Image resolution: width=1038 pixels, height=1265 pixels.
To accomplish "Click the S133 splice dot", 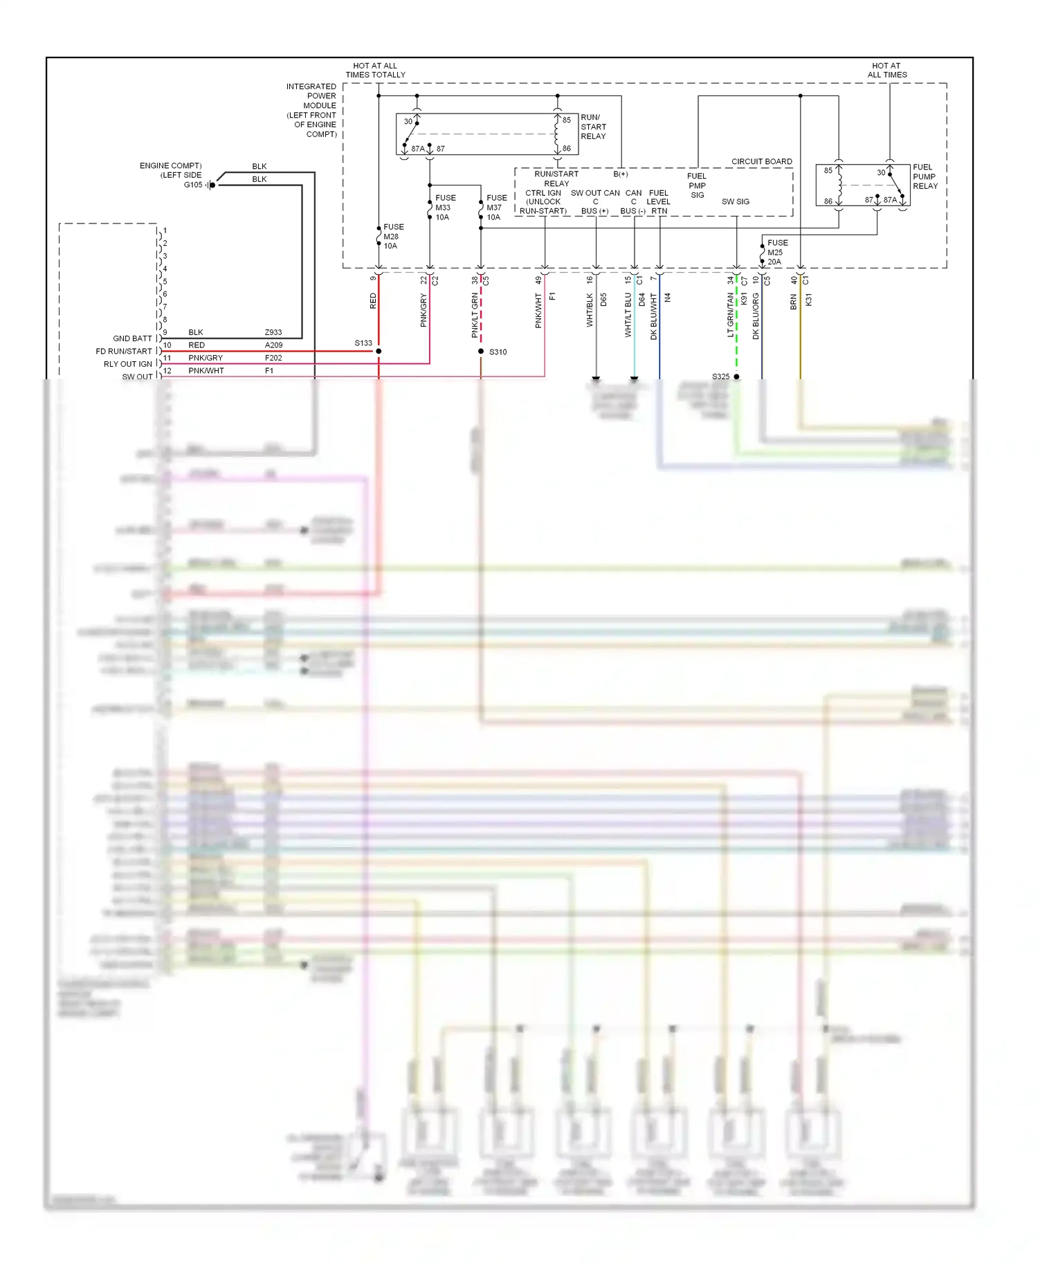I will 379,352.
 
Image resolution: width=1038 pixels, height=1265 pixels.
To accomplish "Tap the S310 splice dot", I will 481,352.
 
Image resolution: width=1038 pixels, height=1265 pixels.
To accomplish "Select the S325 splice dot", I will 736,376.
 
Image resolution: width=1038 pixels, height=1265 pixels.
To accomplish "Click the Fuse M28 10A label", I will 392,236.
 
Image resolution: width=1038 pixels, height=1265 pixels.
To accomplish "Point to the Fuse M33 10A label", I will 444,207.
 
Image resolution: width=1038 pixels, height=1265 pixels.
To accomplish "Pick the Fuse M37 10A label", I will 495,207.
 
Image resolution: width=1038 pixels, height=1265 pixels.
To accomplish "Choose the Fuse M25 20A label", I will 776,252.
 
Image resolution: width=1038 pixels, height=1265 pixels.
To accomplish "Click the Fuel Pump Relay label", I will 925,176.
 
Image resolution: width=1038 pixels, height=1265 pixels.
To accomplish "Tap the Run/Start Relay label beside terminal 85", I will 593,127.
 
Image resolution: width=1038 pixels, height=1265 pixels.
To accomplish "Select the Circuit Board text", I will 761,161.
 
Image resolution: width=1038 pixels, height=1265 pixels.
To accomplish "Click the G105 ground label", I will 193,185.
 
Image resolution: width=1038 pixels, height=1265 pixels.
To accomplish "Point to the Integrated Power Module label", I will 311,110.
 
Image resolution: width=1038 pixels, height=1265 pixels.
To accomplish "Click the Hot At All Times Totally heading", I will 375,70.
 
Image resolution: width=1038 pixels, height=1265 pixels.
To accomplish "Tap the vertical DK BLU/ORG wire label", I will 756,316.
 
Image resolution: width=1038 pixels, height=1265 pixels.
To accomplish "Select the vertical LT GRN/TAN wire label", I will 730,314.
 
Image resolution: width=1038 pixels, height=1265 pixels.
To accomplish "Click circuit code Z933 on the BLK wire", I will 273,332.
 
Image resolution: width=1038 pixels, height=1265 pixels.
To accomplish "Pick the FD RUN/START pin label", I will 124,351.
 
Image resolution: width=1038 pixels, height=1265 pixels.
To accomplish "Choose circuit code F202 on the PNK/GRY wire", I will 273,358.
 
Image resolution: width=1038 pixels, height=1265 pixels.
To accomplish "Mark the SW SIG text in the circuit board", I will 735,201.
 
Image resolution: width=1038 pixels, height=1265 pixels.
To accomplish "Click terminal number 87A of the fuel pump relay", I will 890,200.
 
